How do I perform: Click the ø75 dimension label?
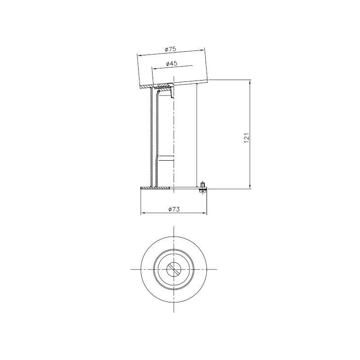[171, 49]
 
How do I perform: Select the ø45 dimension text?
[172, 63]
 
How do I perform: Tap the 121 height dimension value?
[246, 138]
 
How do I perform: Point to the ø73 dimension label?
[174, 209]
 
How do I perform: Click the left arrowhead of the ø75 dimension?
[139, 55]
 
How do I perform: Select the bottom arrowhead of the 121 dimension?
[250, 187]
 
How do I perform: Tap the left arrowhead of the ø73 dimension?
[142, 213]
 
